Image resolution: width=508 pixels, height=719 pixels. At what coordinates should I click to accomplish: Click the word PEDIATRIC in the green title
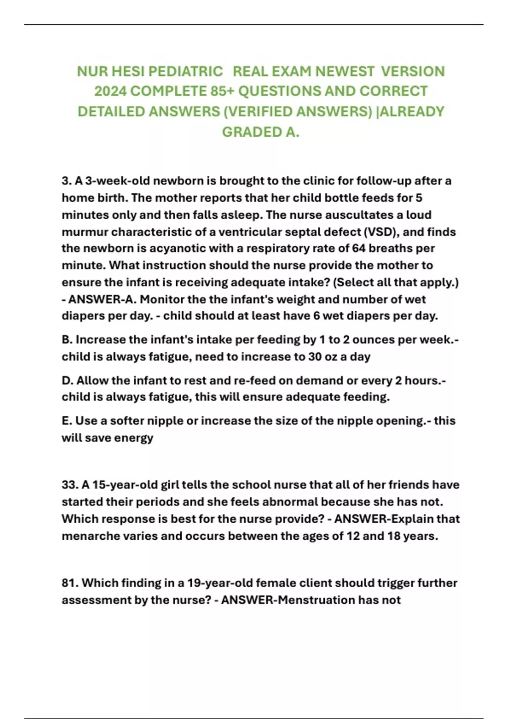click(x=185, y=71)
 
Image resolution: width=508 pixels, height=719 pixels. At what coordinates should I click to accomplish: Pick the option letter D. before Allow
click(x=68, y=380)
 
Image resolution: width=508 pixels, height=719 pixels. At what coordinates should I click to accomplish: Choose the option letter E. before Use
click(x=67, y=421)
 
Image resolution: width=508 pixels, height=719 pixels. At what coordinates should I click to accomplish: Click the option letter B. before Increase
click(x=67, y=340)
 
